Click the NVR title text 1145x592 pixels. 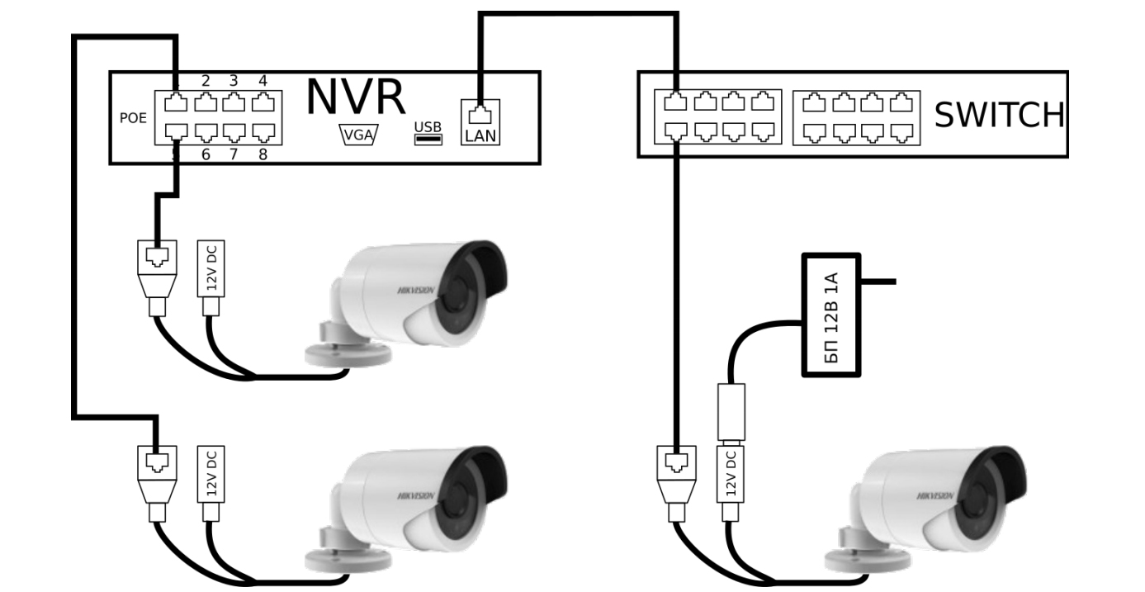355,97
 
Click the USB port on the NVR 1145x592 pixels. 428,137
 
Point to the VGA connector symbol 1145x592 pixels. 357,136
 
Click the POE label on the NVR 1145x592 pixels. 133,118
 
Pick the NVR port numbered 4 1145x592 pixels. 263,102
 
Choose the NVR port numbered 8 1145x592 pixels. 263,130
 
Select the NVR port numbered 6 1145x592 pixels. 206,130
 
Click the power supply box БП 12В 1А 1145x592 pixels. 832,315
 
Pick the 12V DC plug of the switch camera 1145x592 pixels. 730,479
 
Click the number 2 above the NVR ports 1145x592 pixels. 206,81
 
